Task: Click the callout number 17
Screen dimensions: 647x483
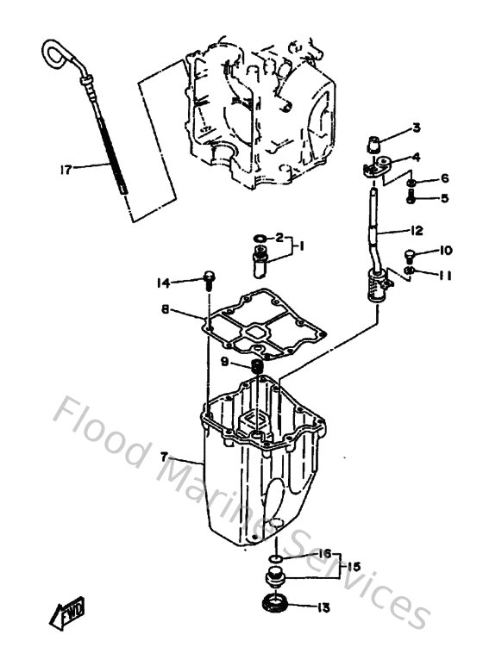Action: coord(66,169)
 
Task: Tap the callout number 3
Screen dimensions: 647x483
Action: coord(416,128)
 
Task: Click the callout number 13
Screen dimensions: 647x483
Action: coord(323,607)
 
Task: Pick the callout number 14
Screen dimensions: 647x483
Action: coord(163,282)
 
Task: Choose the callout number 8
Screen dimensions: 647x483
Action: coord(165,310)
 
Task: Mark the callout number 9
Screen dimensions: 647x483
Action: coord(223,363)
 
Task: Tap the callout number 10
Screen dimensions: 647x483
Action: coord(445,252)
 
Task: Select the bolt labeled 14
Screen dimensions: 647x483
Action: coord(208,277)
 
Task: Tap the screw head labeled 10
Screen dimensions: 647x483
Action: coord(411,254)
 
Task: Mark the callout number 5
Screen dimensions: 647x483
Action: coord(445,198)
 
